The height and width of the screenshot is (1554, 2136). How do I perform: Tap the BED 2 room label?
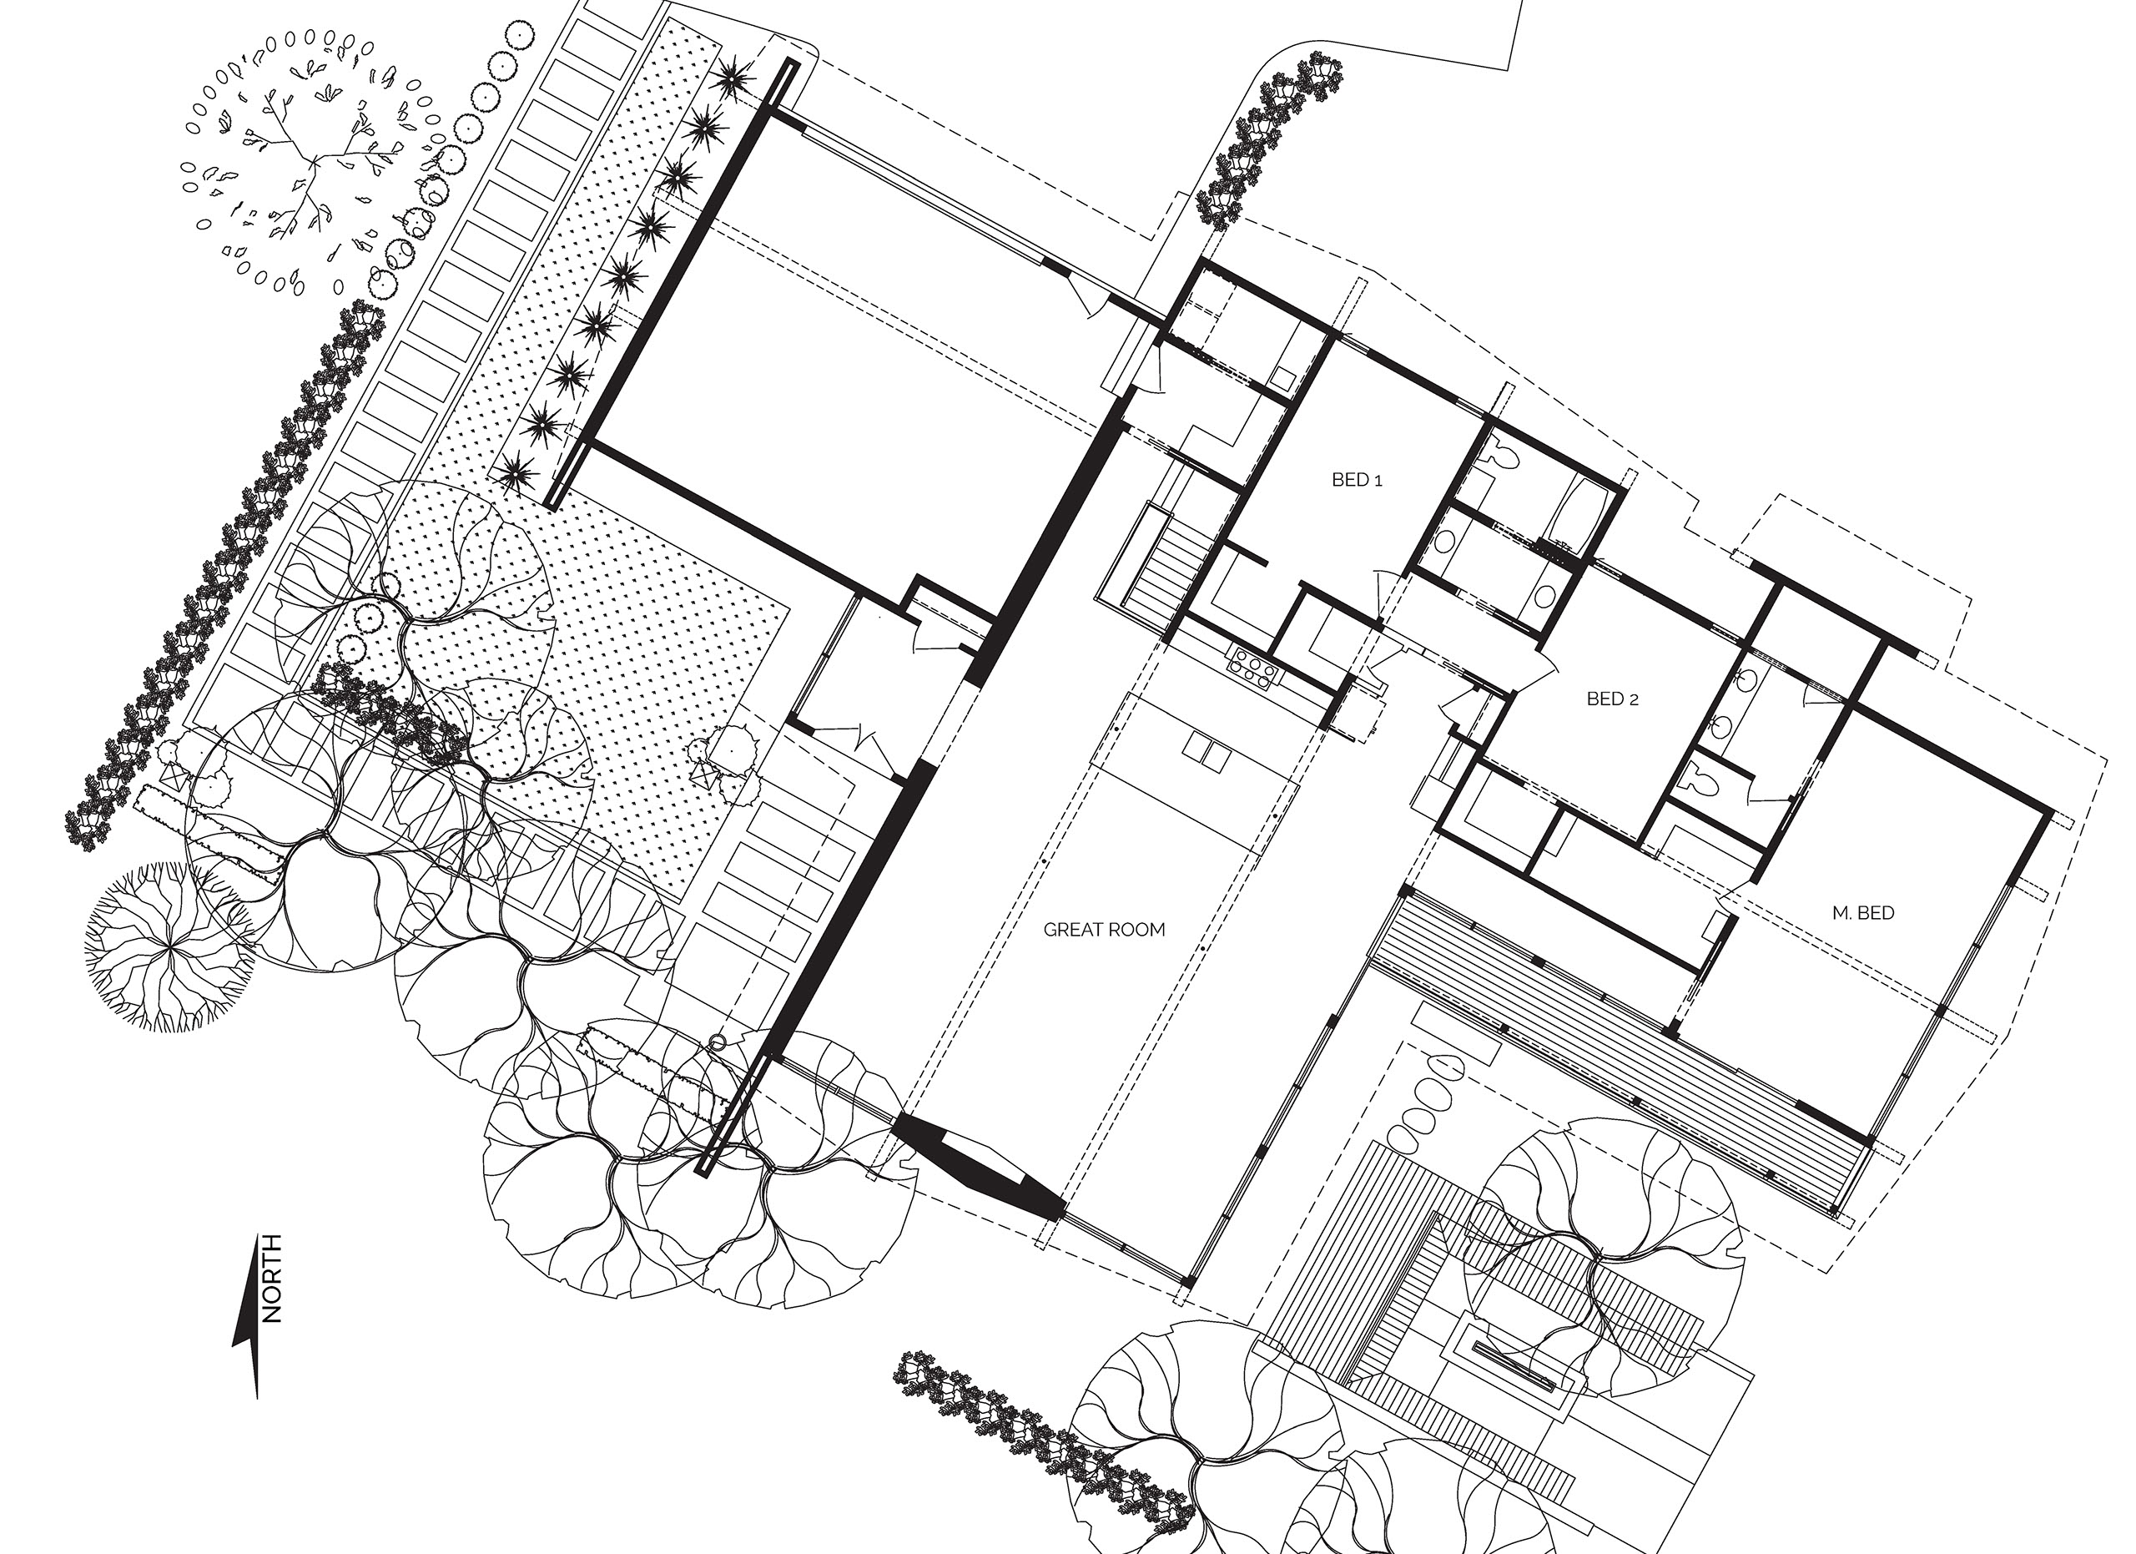click(1612, 699)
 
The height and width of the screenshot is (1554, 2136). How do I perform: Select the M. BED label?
click(1863, 913)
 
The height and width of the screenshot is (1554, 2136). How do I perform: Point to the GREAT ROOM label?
click(1104, 930)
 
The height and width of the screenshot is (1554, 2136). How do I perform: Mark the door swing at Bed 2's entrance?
click(1534, 664)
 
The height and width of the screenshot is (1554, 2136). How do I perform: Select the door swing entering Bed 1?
click(1383, 594)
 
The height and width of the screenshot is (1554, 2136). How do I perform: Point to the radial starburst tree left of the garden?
click(170, 946)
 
